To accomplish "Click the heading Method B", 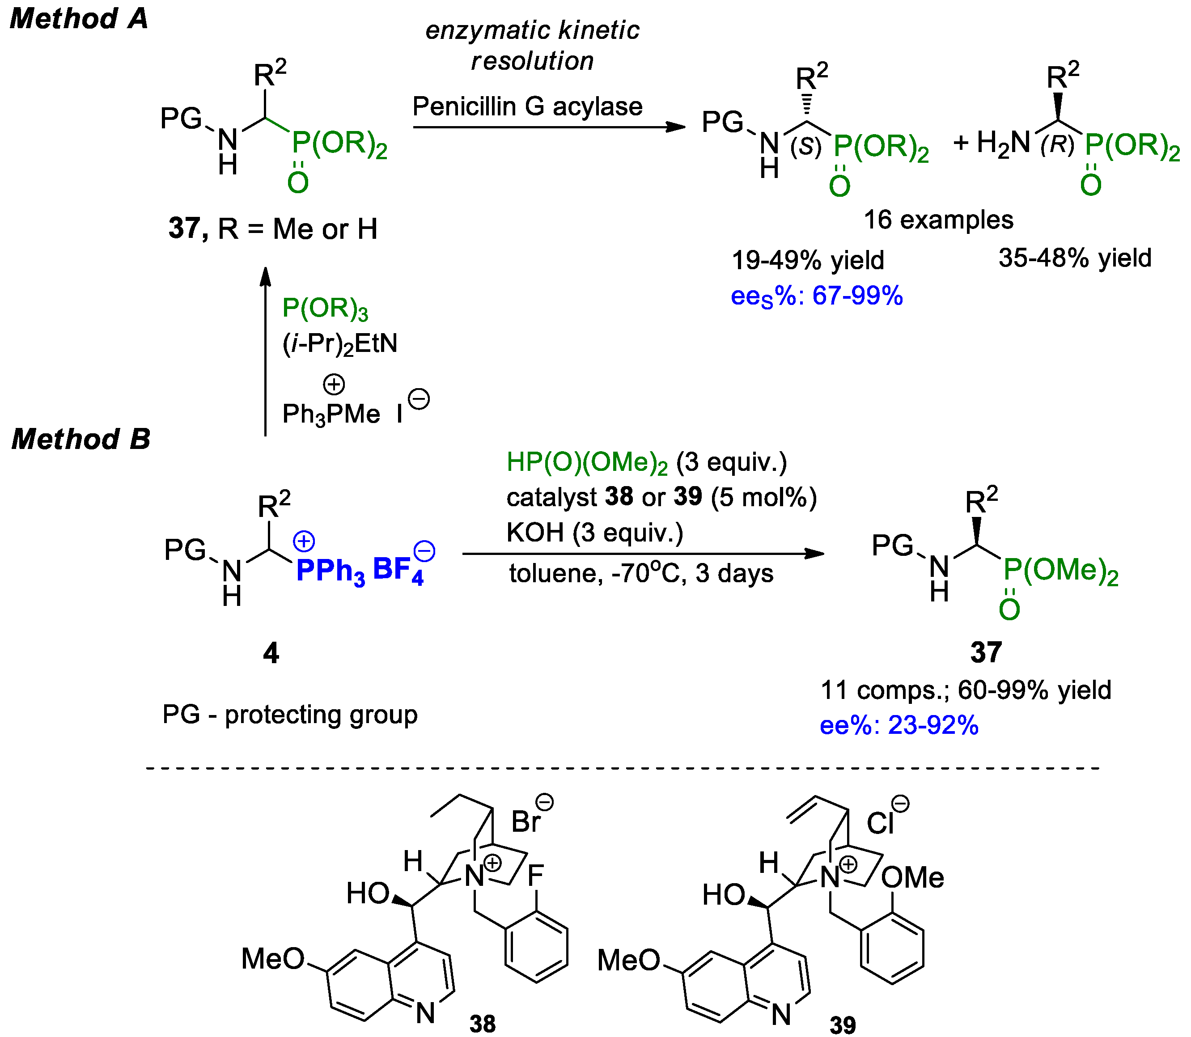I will [x=81, y=439].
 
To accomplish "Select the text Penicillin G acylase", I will [x=527, y=106].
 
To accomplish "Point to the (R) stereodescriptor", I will [x=1057, y=144].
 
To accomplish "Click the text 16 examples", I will [x=938, y=220].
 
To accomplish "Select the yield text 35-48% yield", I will [x=1075, y=258].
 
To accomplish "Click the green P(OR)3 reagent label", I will [x=325, y=309].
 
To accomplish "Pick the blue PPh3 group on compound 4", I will [x=331, y=571].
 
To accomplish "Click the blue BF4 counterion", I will [x=398, y=569].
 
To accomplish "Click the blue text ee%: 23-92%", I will [x=899, y=725].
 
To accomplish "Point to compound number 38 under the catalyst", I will [x=482, y=1023].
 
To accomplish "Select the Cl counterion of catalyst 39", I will [x=880, y=822].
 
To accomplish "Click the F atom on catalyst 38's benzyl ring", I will [x=535, y=875].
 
